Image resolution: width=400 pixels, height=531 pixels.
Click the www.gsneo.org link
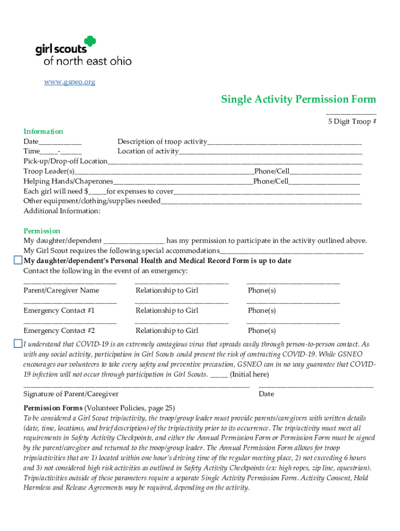[69, 82]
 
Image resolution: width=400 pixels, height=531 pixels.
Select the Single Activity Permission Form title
[298, 99]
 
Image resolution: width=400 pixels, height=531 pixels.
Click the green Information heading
[43, 131]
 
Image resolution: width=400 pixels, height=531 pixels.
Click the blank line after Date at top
[60, 142]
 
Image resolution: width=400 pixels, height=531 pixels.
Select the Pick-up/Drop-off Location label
[65, 161]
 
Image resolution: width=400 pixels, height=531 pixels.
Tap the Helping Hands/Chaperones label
[68, 181]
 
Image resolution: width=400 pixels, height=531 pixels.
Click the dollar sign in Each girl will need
[86, 191]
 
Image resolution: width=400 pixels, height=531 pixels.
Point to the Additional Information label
[62, 211]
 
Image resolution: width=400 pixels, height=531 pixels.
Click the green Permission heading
[42, 231]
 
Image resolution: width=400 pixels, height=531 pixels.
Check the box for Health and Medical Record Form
[18, 260]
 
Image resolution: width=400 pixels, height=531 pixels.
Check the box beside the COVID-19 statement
[18, 344]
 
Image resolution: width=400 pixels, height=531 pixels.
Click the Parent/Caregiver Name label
[61, 290]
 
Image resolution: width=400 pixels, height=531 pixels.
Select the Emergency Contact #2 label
[59, 330]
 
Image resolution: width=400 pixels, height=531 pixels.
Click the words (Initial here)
[249, 374]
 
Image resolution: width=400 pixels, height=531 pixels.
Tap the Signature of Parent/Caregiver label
[71, 394]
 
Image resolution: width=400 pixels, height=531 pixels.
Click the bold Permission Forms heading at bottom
[53, 408]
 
